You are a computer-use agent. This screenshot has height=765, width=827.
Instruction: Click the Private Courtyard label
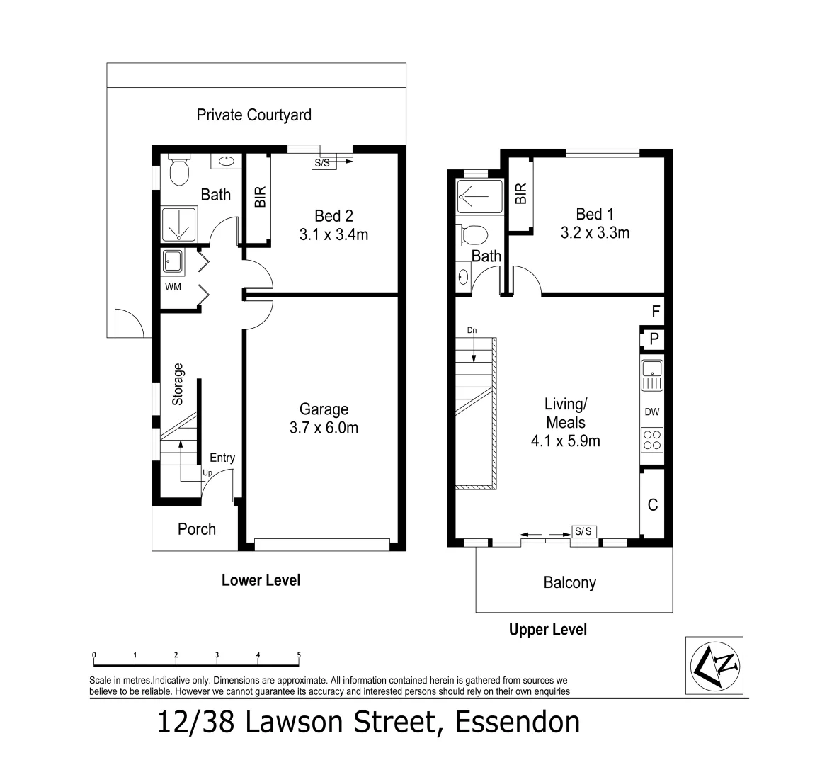[x=253, y=115]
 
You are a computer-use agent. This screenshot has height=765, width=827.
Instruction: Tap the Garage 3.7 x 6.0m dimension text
[x=324, y=428]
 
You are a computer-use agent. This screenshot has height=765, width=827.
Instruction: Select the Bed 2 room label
[x=333, y=215]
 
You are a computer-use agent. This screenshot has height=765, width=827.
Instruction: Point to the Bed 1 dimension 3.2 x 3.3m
[x=595, y=232]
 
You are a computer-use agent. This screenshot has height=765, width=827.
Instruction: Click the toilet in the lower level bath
[x=178, y=170]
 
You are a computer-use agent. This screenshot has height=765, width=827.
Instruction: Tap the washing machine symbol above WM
[x=172, y=262]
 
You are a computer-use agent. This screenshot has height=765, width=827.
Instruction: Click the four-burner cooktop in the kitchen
[x=651, y=441]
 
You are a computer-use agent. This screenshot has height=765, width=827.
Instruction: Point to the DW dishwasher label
[x=651, y=412]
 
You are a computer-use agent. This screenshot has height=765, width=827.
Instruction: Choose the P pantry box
[x=654, y=339]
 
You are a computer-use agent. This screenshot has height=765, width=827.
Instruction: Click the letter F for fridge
[x=655, y=311]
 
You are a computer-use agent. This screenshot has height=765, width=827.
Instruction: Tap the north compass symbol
[x=714, y=664]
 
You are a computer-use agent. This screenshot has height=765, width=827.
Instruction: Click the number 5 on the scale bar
[x=299, y=655]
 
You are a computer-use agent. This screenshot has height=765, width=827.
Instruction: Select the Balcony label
[x=569, y=582]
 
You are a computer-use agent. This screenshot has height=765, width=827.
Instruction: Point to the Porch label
[x=196, y=529]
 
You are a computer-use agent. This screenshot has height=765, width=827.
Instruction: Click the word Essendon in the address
[x=517, y=722]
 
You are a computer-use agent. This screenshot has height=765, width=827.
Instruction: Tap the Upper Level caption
[x=547, y=629]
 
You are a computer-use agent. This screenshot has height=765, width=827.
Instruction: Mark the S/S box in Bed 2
[x=321, y=162]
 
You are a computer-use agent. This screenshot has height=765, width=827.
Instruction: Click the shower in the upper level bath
[x=479, y=196]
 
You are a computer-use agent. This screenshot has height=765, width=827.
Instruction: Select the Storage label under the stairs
[x=178, y=385]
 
